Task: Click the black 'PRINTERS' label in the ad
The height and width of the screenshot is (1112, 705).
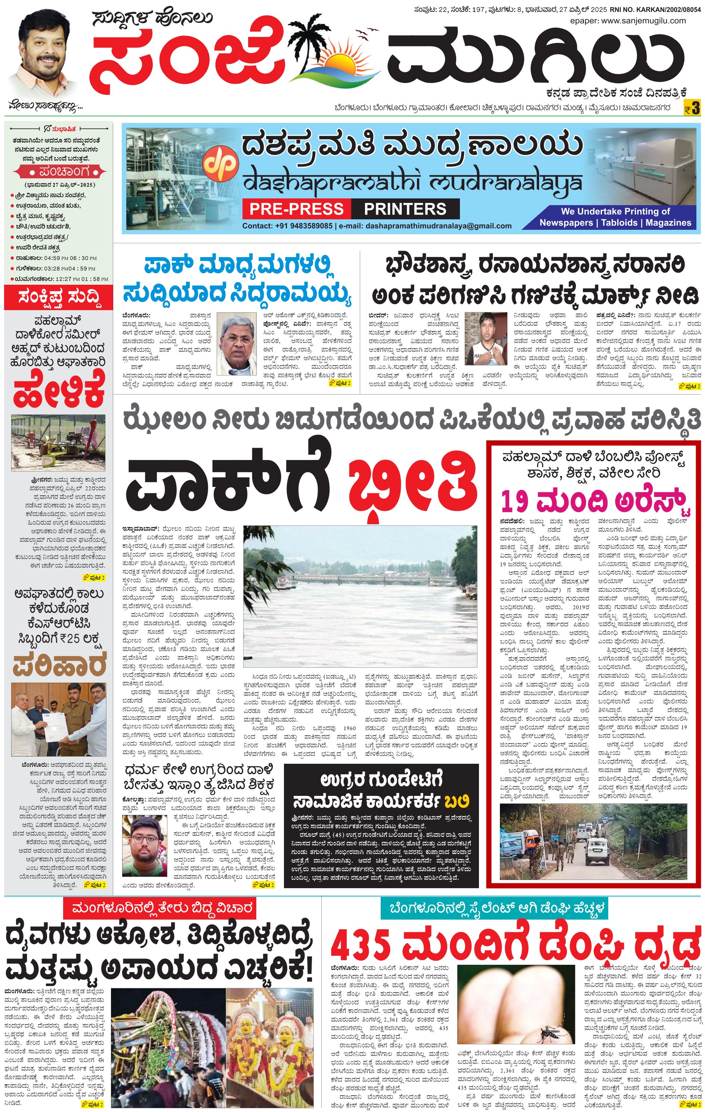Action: (x=405, y=209)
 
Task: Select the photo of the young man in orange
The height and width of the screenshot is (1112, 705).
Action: (x=144, y=846)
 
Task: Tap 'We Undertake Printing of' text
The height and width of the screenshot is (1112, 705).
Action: (x=615, y=211)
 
